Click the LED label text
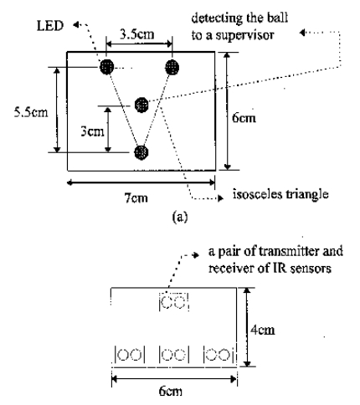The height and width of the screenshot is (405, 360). click(x=50, y=26)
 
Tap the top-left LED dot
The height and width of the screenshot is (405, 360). click(x=107, y=67)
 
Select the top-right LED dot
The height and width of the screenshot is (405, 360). click(x=172, y=67)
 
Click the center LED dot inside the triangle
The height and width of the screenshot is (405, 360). click(x=141, y=105)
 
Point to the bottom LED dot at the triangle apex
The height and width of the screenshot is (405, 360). click(x=141, y=152)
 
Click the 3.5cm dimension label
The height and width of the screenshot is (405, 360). click(x=137, y=34)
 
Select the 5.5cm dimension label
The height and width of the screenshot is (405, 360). click(x=31, y=112)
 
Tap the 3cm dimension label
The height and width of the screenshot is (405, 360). click(x=92, y=131)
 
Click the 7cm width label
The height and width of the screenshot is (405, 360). click(x=136, y=198)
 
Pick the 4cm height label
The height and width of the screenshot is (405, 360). click(x=263, y=330)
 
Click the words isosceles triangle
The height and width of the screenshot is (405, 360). click(x=280, y=194)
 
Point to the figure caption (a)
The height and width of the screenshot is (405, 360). click(x=180, y=217)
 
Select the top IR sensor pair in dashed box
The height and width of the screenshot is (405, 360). click(x=173, y=301)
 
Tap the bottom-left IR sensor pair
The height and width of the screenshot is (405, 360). click(x=130, y=355)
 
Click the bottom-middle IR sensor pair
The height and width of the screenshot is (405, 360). click(x=173, y=355)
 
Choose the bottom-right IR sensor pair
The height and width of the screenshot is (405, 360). click(x=219, y=355)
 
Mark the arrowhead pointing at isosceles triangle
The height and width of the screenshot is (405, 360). click(x=221, y=198)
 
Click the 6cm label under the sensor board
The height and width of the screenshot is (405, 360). click(x=171, y=392)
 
